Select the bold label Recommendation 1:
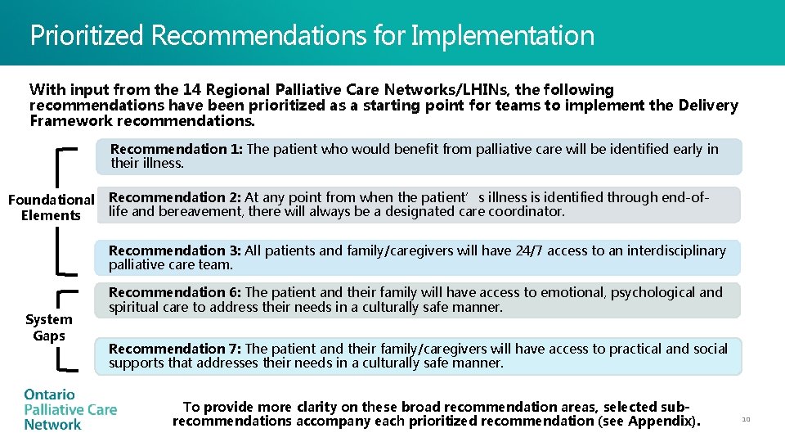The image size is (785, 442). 177,149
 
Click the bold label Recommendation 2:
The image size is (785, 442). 175,197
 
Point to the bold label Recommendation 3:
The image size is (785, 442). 175,250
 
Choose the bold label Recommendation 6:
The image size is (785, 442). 175,292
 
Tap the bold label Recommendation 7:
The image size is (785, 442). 175,349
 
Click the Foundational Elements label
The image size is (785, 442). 51,207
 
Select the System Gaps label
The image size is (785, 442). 49,327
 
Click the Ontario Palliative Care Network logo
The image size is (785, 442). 70,409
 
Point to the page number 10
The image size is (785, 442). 746,419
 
